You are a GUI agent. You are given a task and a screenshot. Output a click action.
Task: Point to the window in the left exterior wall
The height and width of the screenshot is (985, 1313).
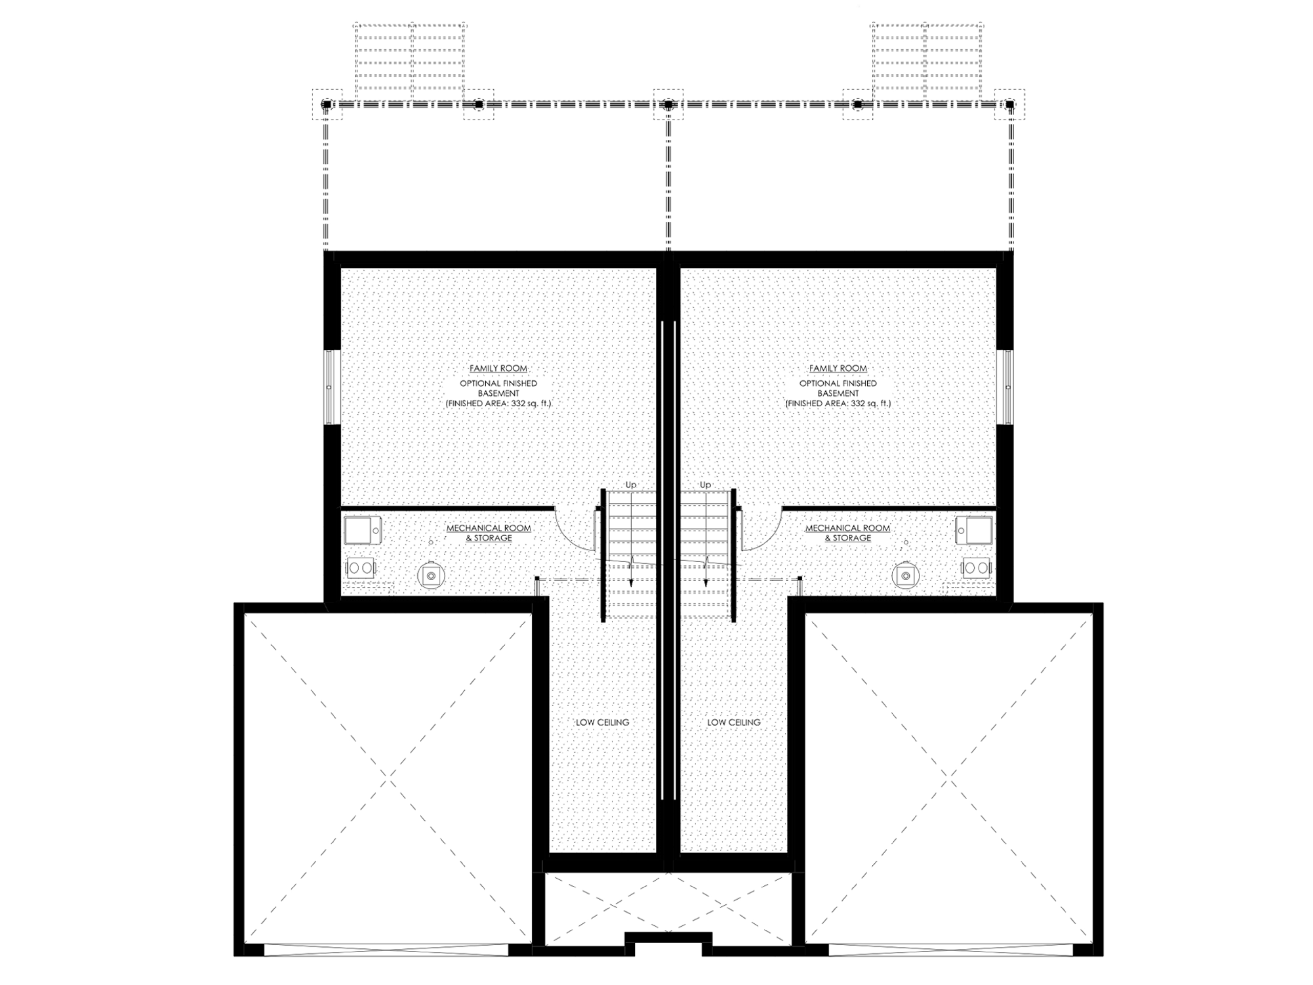click(330, 387)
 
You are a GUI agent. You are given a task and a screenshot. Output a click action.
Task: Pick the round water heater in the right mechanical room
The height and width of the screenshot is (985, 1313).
click(905, 575)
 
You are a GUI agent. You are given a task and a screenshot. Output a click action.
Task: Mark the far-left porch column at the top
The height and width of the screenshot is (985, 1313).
click(326, 104)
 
